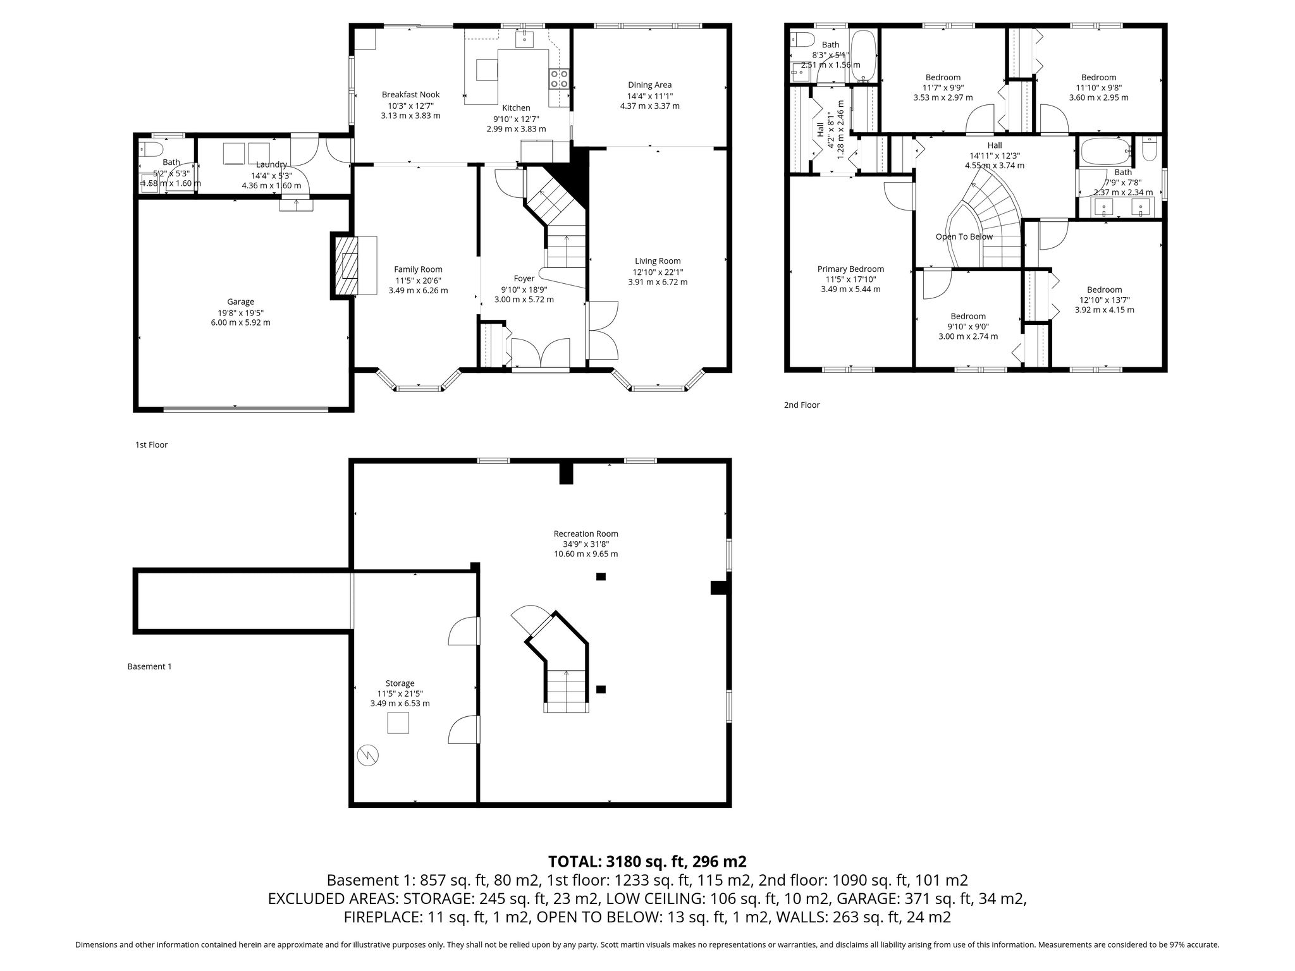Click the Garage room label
point(241,302)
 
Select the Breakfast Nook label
point(410,95)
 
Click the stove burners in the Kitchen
point(559,78)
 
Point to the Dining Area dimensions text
point(650,101)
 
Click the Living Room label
point(658,261)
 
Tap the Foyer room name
point(524,278)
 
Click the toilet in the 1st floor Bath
point(151,149)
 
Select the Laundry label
point(271,165)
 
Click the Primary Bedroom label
point(850,269)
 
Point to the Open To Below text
point(964,237)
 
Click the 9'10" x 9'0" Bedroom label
point(968,317)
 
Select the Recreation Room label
point(586,534)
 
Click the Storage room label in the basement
point(400,683)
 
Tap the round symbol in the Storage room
point(367,755)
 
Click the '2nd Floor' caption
point(802,405)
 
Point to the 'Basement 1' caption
point(150,666)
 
